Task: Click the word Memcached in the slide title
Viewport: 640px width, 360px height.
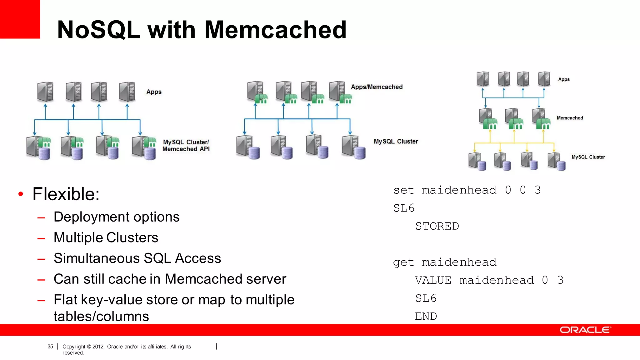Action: [x=275, y=30]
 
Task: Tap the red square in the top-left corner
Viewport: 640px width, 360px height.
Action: [x=20, y=19]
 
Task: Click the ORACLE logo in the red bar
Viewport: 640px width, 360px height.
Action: [x=585, y=330]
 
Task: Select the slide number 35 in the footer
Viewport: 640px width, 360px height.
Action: [x=50, y=347]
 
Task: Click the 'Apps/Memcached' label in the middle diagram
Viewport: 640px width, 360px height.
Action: [x=377, y=87]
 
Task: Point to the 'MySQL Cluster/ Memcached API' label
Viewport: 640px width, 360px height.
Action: [x=186, y=146]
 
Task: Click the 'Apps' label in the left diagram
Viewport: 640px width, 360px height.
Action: [x=154, y=92]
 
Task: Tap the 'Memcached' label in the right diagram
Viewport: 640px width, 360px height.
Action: [x=570, y=118]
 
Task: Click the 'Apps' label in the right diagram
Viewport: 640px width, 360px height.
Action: [x=564, y=79]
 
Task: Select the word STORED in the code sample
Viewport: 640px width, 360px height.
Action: [x=437, y=226]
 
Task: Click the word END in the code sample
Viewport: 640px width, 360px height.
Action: [x=426, y=316]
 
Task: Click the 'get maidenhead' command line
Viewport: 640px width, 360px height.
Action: [x=444, y=262]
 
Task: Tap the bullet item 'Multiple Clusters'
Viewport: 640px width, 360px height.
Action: [x=106, y=237]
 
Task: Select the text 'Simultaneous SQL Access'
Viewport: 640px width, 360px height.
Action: [x=137, y=258]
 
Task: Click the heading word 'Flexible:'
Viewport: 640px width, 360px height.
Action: [x=66, y=194]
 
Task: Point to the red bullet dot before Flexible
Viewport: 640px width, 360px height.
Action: [x=21, y=194]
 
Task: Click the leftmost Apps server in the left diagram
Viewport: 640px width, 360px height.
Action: [x=45, y=92]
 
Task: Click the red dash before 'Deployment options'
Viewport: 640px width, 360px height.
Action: [x=41, y=218]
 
